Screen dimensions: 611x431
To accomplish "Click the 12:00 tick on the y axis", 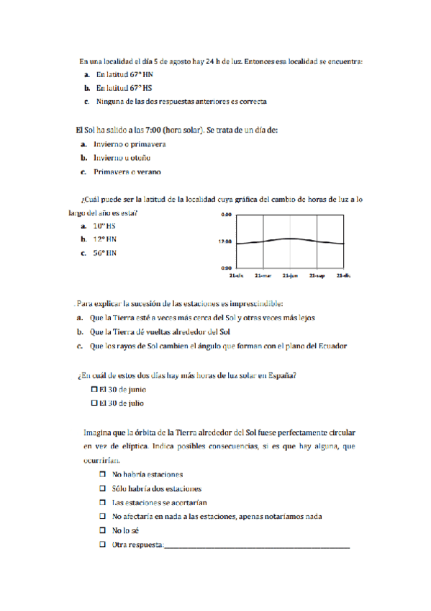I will click(x=224, y=241).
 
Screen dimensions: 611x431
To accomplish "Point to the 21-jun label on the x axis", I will click(x=290, y=275).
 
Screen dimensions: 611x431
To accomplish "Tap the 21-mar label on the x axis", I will click(x=263, y=275).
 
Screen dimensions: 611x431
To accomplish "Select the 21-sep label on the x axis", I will click(x=317, y=275).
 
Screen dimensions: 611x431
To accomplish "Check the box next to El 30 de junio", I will click(x=96, y=389).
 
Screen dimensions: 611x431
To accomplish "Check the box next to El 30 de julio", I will click(x=96, y=403).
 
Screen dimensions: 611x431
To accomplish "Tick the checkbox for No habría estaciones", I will click(x=102, y=475).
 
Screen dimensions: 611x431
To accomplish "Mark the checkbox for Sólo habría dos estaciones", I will click(x=102, y=489).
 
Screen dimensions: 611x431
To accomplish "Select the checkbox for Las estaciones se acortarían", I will click(x=102, y=502).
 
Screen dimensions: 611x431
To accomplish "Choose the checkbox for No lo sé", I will click(x=102, y=530).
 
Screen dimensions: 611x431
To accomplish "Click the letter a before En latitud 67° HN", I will click(x=86, y=74).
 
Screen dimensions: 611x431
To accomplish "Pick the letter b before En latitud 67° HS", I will click(x=86, y=88).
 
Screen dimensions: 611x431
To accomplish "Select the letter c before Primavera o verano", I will click(x=83, y=172).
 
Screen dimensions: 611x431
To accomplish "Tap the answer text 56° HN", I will click(x=104, y=253).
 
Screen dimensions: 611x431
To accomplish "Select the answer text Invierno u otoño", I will click(x=127, y=158).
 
